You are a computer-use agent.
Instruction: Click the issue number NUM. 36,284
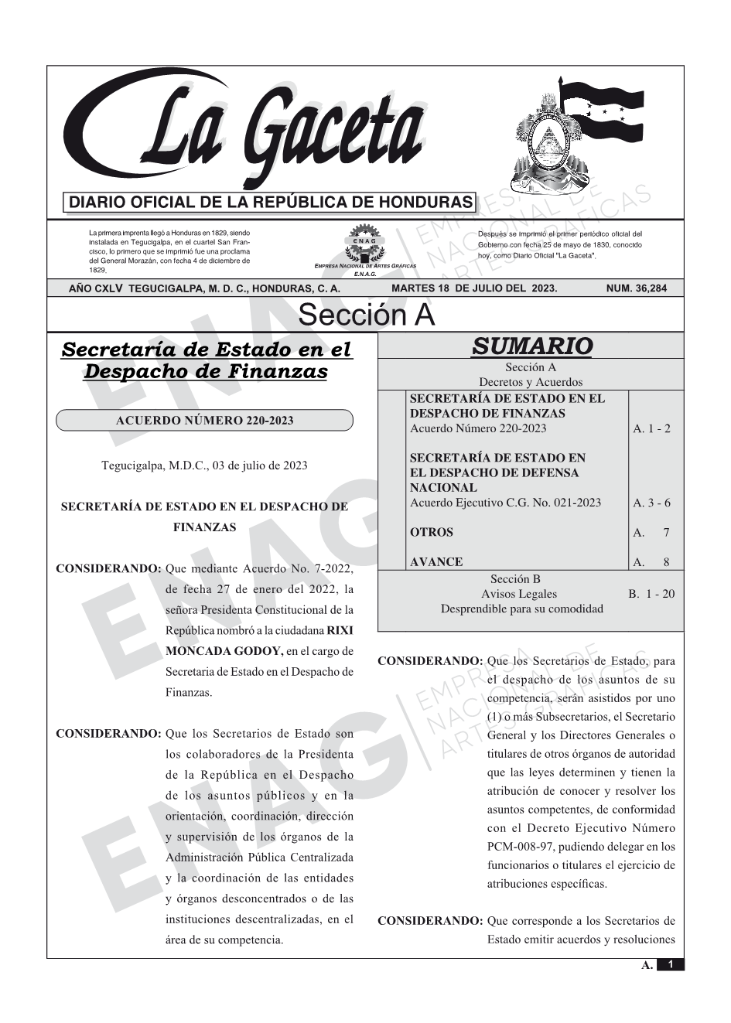636,288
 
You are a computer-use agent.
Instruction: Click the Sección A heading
366,315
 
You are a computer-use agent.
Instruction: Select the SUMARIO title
531,346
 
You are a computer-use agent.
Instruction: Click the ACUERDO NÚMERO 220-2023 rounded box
204,421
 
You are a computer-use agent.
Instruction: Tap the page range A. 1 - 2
651,428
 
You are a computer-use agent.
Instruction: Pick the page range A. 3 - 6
651,503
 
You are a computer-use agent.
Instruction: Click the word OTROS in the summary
432,532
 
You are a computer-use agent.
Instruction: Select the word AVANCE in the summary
436,562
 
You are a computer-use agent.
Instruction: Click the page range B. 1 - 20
651,594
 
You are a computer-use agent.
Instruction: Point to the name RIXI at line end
340,630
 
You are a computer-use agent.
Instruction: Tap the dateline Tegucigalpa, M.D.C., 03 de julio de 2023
204,465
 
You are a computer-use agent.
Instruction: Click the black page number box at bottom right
671,964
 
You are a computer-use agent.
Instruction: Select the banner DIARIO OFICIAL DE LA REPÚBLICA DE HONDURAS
271,203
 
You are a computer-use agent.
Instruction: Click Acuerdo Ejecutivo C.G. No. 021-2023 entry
505,503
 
